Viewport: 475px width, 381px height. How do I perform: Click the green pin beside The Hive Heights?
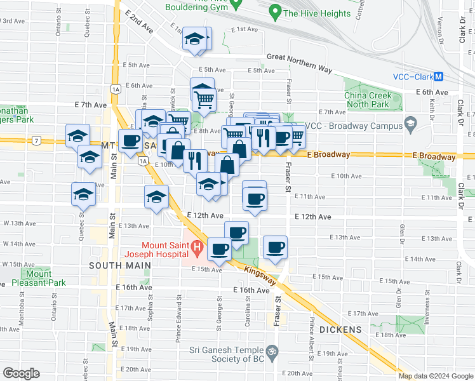coord(275,12)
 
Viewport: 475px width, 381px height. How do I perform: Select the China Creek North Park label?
coord(373,100)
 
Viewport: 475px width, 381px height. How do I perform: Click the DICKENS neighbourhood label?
coord(340,330)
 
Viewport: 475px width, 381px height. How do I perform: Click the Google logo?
coord(22,373)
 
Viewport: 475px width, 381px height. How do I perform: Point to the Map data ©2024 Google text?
coord(435,376)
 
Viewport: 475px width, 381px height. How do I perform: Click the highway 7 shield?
coord(37,140)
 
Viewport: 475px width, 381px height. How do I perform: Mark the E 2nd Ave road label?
coord(139,22)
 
